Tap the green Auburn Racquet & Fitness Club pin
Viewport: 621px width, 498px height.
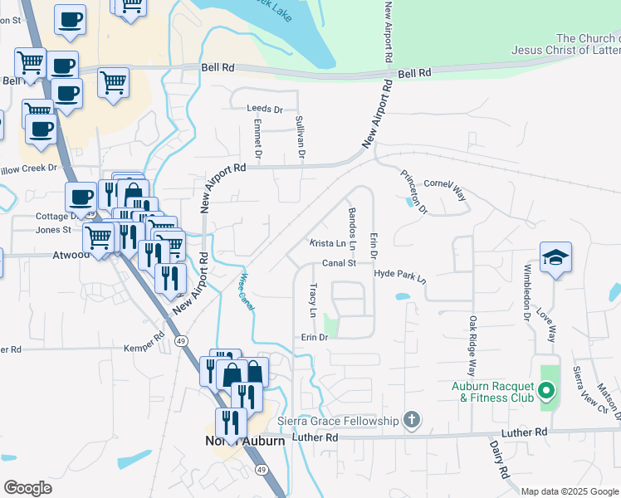pos(546,389)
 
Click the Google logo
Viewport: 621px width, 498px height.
pos(28,488)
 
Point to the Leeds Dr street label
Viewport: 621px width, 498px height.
pos(265,109)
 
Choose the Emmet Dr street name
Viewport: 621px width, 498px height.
pos(257,139)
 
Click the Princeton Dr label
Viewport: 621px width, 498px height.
pos(413,193)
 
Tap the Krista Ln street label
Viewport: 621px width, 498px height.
pos(327,243)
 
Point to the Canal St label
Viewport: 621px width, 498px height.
pos(339,263)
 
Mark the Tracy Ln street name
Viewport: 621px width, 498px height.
pos(313,300)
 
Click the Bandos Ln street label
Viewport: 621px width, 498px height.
pos(352,229)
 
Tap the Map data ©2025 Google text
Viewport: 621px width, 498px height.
pos(570,491)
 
